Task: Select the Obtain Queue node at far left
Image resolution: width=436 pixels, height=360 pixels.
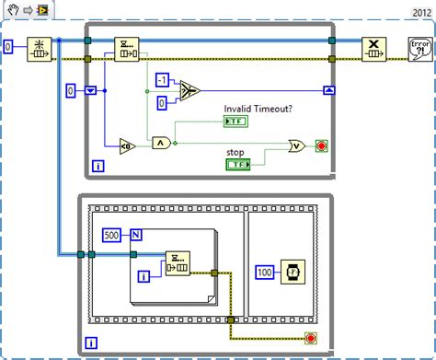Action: [40, 49]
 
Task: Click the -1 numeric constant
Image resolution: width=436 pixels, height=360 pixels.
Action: [164, 81]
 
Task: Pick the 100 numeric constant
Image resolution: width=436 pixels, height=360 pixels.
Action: [265, 273]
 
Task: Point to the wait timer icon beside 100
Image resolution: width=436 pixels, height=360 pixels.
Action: [293, 273]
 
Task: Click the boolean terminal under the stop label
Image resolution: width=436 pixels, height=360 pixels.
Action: [237, 165]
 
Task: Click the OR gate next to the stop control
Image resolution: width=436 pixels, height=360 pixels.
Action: [296, 145]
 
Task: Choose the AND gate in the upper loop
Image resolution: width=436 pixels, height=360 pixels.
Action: [162, 143]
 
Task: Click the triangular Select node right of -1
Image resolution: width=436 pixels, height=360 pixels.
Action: [189, 90]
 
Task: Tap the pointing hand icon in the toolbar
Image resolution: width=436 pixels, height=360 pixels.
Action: [11, 10]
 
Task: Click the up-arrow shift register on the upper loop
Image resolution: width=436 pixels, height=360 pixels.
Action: [328, 90]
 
